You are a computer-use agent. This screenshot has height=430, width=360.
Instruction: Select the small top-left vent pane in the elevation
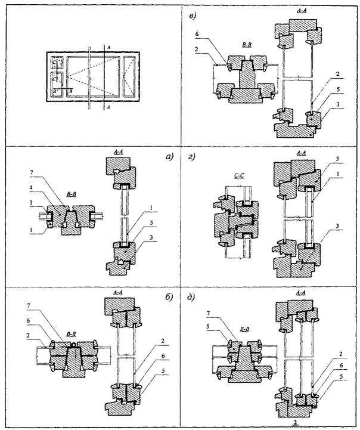click(55, 62)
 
